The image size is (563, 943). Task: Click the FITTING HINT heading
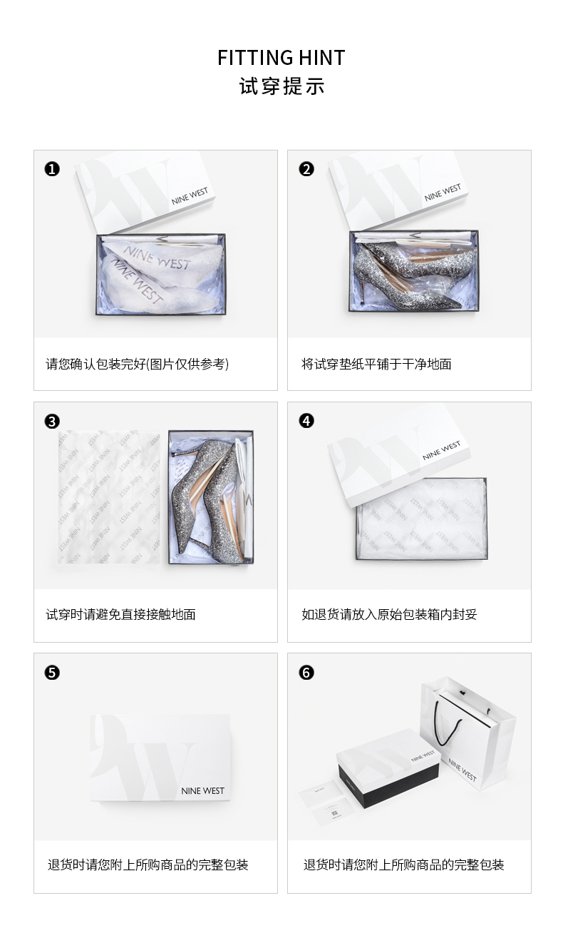click(281, 58)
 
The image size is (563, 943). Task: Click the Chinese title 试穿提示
click(281, 86)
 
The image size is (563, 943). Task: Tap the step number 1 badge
click(52, 169)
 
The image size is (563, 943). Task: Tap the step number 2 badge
click(306, 169)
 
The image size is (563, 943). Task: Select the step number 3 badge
click(52, 421)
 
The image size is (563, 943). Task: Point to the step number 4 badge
click(306, 421)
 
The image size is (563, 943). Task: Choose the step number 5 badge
click(52, 673)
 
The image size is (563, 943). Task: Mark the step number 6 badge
click(306, 673)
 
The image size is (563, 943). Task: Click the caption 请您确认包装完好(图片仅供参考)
click(137, 364)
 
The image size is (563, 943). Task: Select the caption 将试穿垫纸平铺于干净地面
click(376, 364)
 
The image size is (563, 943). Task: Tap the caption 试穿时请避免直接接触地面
click(120, 614)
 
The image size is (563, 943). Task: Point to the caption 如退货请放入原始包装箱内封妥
click(389, 614)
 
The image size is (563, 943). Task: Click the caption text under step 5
click(148, 865)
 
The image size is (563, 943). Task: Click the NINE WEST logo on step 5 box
click(202, 791)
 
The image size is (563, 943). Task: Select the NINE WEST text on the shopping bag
click(462, 770)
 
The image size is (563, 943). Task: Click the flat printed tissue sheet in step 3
click(109, 496)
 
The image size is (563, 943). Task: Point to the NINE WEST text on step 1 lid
click(190, 196)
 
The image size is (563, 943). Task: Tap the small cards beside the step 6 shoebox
click(326, 800)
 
